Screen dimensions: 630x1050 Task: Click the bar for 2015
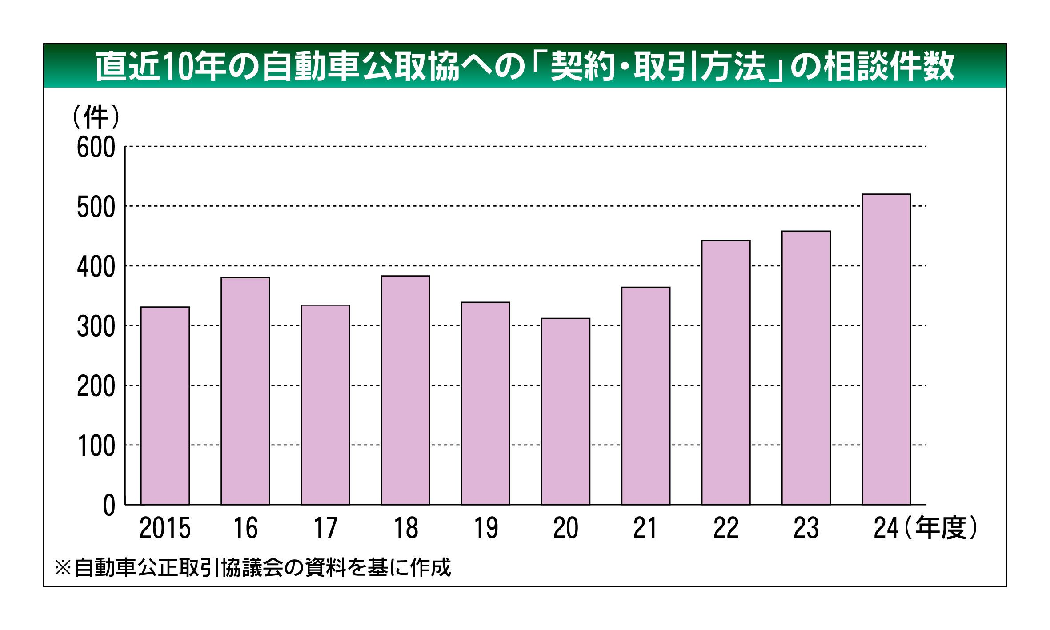coord(165,405)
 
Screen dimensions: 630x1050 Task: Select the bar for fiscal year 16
coord(245,391)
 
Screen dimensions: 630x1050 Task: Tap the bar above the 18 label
coord(405,390)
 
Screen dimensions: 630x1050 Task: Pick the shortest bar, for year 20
coord(565,411)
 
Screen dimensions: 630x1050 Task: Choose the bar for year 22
coord(726,373)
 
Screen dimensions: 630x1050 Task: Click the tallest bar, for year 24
coord(886,349)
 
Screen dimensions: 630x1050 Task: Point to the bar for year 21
coord(645,396)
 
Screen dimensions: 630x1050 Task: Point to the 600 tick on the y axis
coord(96,148)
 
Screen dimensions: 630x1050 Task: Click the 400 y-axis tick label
coord(96,267)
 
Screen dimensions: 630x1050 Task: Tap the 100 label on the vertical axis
coord(96,446)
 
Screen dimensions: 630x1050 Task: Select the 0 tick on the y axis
coord(109,506)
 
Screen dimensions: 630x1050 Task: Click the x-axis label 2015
coord(165,528)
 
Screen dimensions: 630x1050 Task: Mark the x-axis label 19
coord(485,528)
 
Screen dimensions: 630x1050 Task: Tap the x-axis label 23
coord(806,528)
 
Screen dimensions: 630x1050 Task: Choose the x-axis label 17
coord(325,528)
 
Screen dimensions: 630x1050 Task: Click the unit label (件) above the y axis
coord(96,117)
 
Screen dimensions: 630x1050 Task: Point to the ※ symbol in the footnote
coord(63,568)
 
